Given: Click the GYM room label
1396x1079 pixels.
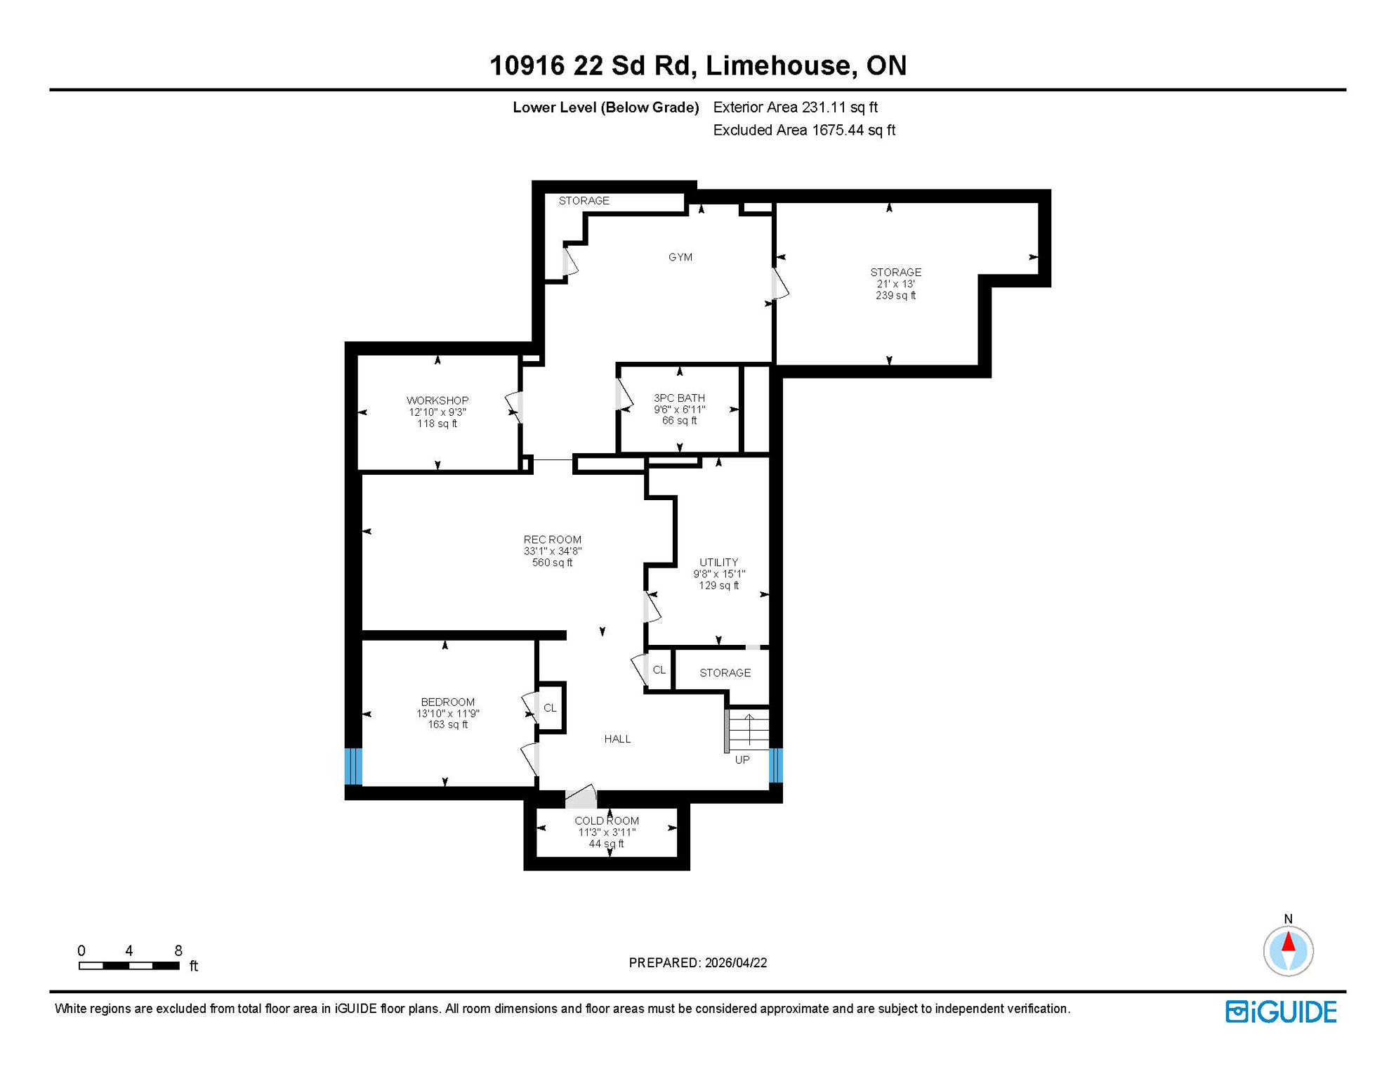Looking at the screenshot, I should point(680,257).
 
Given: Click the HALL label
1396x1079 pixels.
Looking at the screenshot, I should point(617,738).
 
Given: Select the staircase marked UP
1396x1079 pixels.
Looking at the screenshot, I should point(749,730).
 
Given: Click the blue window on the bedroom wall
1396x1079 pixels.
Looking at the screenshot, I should point(353,766).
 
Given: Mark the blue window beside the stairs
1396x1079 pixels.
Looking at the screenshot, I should point(776,765).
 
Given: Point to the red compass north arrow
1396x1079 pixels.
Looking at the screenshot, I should point(1288,941).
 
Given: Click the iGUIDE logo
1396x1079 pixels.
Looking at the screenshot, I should point(1281,1012).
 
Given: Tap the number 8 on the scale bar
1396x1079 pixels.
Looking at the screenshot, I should point(178,950).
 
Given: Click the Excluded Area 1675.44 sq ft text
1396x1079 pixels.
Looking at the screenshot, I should point(803,130).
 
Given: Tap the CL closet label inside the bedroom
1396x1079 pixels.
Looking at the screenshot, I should point(550,707).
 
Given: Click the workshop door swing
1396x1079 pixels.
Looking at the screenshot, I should point(514,407).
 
